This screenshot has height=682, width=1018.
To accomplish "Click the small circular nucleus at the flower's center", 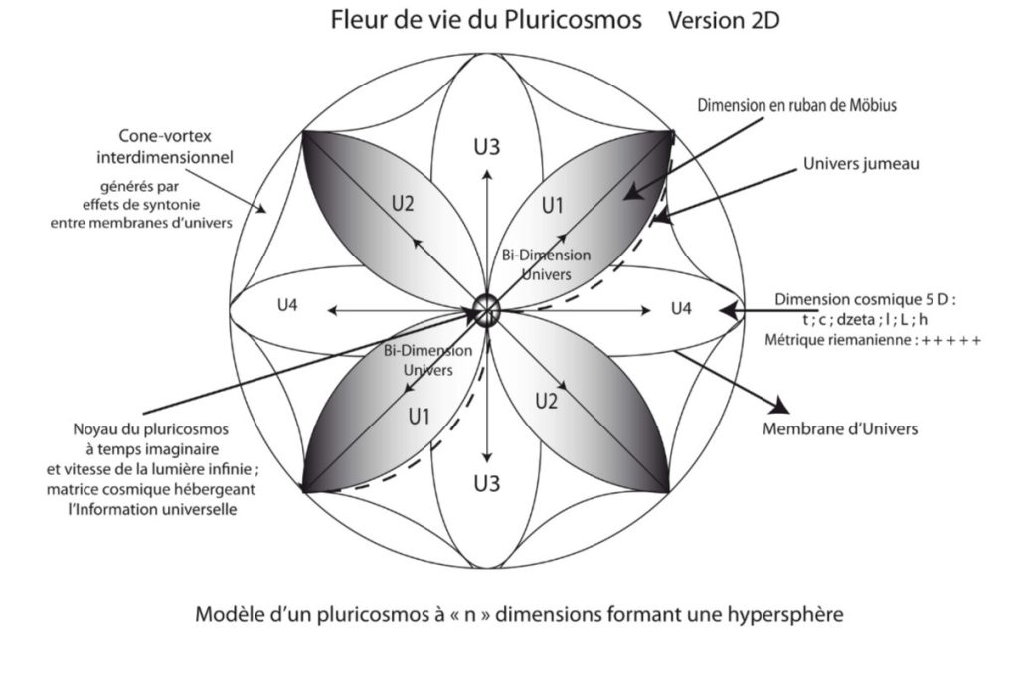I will [x=487, y=308].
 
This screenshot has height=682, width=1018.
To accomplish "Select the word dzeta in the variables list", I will [x=850, y=319].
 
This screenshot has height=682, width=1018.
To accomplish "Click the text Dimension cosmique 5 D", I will [x=863, y=299].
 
